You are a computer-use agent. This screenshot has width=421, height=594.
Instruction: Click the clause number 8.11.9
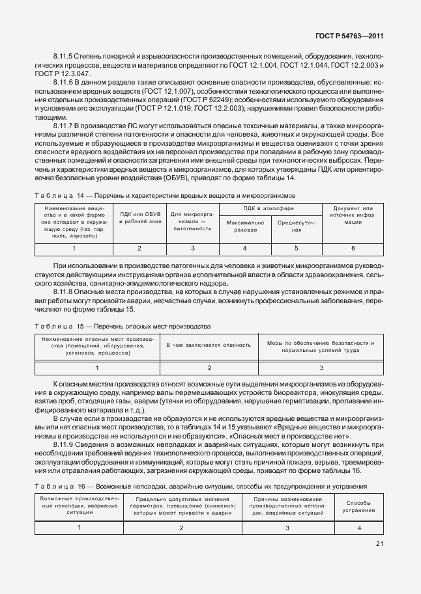(63, 444)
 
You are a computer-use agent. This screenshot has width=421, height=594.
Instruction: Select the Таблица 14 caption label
(55, 195)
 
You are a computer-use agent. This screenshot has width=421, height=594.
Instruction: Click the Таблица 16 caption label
(55, 486)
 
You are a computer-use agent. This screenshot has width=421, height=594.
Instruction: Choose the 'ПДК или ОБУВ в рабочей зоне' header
(139, 218)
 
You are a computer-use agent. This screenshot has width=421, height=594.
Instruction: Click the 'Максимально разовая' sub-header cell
(245, 226)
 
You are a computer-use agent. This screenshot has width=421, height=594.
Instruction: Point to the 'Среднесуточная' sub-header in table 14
(297, 226)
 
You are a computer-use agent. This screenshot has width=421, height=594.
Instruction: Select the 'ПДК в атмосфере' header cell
(270, 208)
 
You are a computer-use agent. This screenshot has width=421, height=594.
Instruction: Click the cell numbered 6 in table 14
(353, 249)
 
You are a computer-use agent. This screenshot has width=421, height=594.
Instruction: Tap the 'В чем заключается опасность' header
(209, 345)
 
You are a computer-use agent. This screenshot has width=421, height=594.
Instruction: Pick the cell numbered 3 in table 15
(321, 368)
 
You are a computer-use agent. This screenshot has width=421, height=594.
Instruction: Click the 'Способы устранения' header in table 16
(359, 506)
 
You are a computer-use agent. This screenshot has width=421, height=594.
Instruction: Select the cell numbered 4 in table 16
(359, 528)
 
